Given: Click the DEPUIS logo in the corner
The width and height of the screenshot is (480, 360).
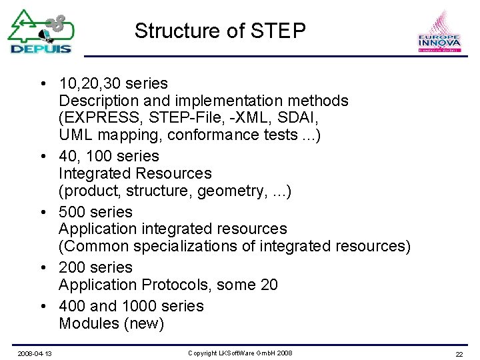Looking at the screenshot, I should tap(40, 31).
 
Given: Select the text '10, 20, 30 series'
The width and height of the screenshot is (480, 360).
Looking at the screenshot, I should tap(113, 84).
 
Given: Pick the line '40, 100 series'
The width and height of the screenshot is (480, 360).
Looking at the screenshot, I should tap(109, 157).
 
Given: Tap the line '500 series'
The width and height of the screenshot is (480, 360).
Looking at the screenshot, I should tap(96, 212).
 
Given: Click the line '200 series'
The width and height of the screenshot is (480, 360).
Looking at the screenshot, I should tap(96, 267).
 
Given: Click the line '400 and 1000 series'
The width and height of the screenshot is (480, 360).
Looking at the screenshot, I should tap(131, 306).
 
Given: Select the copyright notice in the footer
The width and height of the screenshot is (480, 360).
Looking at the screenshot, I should tap(240, 353).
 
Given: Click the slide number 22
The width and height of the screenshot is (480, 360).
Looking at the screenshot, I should tap(459, 353).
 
